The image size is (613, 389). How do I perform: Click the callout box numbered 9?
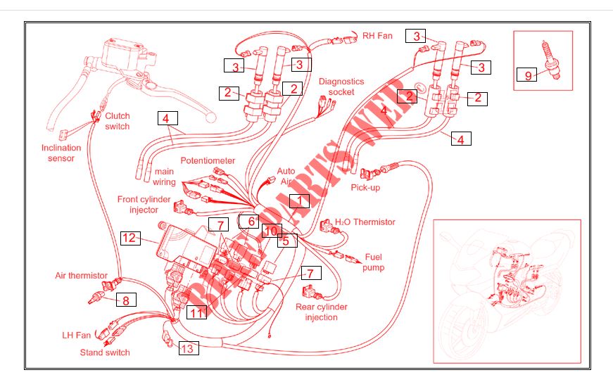click(x=526, y=75)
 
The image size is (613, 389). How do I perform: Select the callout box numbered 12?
click(x=129, y=238)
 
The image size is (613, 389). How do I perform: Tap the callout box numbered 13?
click(x=189, y=348)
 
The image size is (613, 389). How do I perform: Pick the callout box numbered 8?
click(x=126, y=300)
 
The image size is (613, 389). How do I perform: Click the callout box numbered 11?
click(x=196, y=312)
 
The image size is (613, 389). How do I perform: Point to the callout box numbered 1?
click(x=300, y=200)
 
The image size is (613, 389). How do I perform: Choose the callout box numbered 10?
click(x=272, y=231)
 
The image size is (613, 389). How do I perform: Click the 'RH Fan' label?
click(x=377, y=36)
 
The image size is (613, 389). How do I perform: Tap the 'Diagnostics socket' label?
click(x=341, y=87)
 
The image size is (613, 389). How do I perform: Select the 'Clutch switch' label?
click(x=118, y=121)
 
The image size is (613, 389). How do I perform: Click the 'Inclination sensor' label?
click(x=61, y=153)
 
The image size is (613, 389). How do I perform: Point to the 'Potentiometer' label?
click(x=208, y=160)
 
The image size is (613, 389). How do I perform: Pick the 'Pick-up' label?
click(x=365, y=188)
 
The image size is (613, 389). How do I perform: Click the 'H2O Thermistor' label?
click(x=365, y=222)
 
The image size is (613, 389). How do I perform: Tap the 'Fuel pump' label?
click(x=373, y=262)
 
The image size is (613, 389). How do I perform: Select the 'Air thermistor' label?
click(x=81, y=275)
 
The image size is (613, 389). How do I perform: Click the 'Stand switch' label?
click(x=105, y=352)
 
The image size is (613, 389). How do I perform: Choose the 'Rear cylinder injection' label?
click(x=322, y=312)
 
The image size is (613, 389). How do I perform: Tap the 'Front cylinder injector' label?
click(x=144, y=204)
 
